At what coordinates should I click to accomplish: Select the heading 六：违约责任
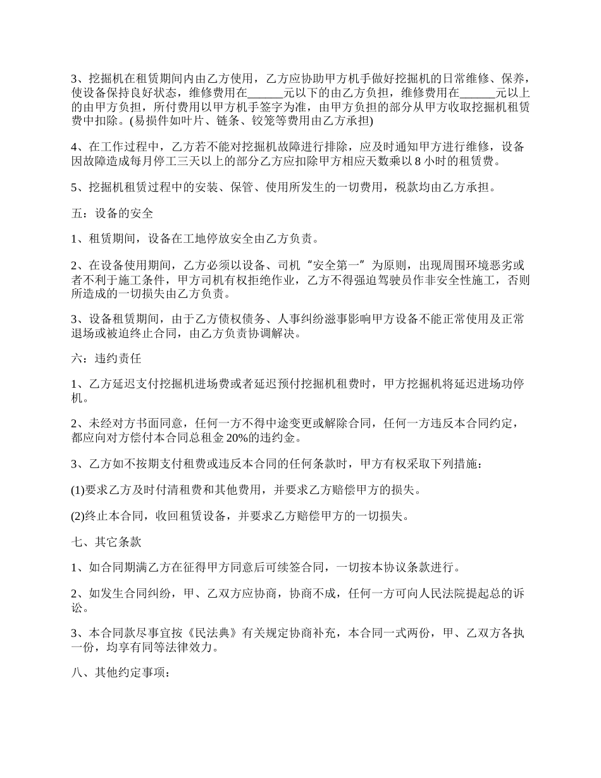point(106,358)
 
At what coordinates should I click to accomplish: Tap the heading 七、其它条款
point(106,542)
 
